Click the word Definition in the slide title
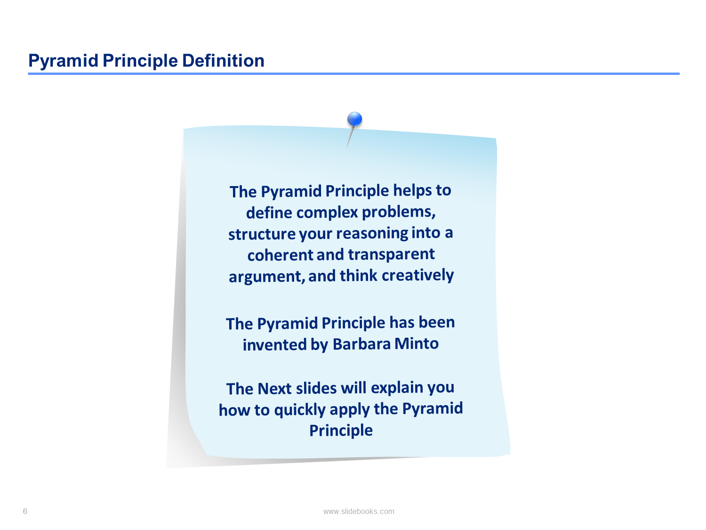[x=223, y=60]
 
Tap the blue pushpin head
[x=354, y=119]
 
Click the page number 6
[x=25, y=511]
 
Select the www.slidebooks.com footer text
[x=359, y=511]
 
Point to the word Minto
[x=417, y=343]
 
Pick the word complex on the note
[x=327, y=213]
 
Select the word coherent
[x=280, y=255]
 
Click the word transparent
[x=391, y=255]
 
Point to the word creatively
[x=417, y=276]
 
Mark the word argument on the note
[x=267, y=277]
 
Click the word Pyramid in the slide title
[x=64, y=61]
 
